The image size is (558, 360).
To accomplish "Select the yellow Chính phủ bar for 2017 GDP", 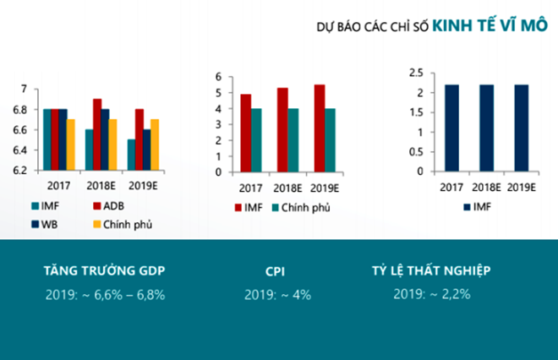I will (x=71, y=145).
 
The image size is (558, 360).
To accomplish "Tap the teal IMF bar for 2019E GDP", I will (x=131, y=155).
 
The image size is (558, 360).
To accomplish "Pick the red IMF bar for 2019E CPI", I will (x=319, y=128).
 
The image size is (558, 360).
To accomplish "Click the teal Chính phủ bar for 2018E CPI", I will (x=293, y=139).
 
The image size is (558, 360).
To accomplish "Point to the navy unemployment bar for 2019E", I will (x=521, y=127).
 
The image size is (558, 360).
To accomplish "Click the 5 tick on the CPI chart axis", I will (x=218, y=92).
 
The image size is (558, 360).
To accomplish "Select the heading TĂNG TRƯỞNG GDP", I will (x=104, y=271).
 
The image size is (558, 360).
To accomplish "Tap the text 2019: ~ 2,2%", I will (x=431, y=294).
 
